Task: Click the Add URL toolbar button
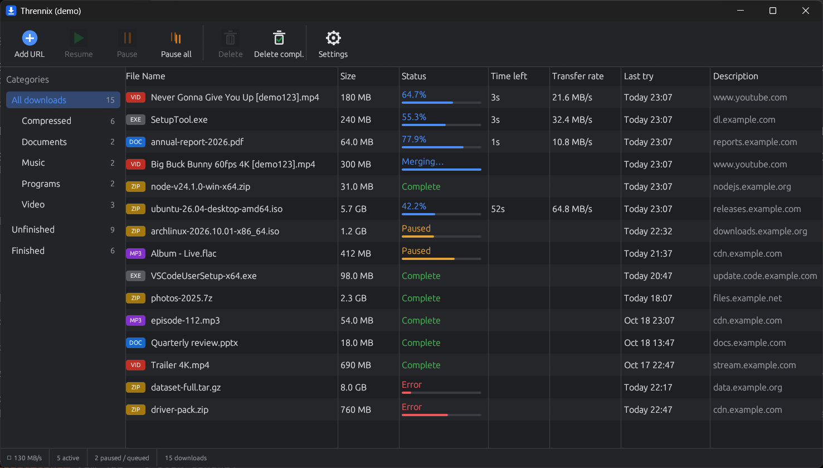(x=30, y=44)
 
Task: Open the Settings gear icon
(x=333, y=38)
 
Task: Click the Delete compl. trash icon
(x=279, y=38)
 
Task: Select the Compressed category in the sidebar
(x=46, y=120)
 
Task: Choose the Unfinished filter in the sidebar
(x=33, y=230)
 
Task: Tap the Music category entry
(x=33, y=163)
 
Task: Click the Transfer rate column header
(x=578, y=76)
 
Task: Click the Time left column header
(x=509, y=76)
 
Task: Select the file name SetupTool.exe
(x=179, y=119)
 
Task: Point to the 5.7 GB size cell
(x=353, y=209)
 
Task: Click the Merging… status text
(x=422, y=162)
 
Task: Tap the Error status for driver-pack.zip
(x=411, y=407)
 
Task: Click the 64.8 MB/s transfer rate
(x=572, y=209)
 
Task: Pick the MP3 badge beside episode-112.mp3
(x=135, y=321)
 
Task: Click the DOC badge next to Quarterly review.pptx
(x=135, y=343)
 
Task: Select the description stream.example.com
(x=754, y=365)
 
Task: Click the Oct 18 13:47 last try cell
(x=649, y=343)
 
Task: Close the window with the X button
(x=805, y=11)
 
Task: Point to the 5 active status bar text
(x=68, y=458)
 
